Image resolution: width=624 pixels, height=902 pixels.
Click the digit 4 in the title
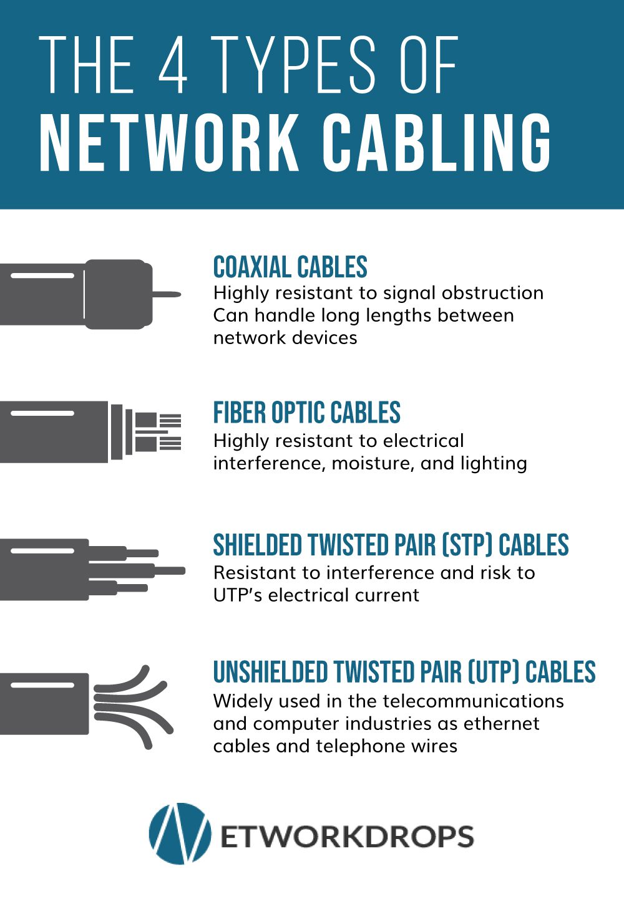pos(173,65)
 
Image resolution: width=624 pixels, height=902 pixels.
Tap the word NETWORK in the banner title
pos(168,143)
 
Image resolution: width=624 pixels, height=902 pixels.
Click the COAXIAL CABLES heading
pos(290,267)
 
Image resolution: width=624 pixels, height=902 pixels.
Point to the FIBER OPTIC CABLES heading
pos(306,413)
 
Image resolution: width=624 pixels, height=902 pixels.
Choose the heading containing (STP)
pos(391,545)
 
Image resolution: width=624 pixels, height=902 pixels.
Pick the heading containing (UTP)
pos(404,673)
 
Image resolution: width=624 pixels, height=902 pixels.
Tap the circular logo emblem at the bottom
pos(180,833)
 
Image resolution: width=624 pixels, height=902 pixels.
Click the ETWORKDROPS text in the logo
pos(347,836)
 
